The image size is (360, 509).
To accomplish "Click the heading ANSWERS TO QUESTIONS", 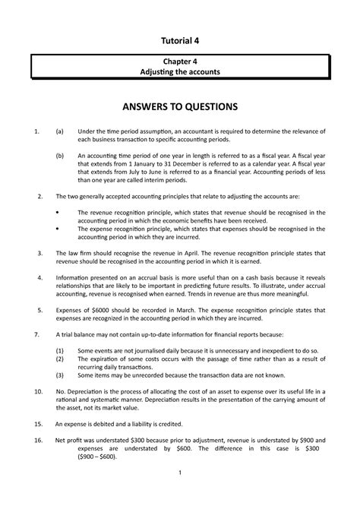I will coord(179,106).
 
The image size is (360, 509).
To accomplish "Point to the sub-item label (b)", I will coord(60,152).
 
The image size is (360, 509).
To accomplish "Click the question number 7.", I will coord(38,356).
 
